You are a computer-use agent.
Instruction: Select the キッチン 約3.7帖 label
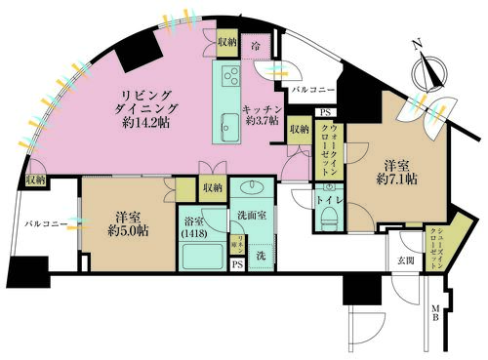click(263, 116)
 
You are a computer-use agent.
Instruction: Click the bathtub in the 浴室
click(203, 257)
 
